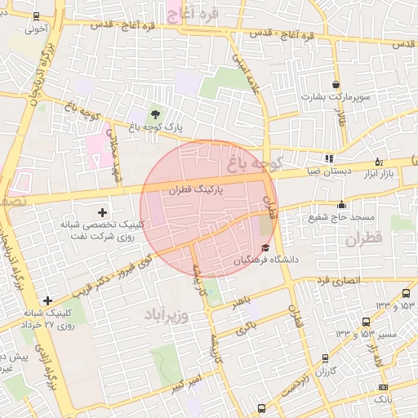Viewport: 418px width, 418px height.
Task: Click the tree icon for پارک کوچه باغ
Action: click(153, 113)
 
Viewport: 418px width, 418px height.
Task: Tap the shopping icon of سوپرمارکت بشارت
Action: click(336, 85)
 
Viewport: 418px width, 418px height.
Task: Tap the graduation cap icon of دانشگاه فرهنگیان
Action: click(265, 247)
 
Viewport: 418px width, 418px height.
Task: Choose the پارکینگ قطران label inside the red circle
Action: click(194, 189)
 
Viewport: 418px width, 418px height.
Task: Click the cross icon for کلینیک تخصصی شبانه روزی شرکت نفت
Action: click(101, 212)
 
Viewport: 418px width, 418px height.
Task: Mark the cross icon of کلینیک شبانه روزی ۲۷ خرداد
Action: click(48, 301)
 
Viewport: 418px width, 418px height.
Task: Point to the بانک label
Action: click(382, 399)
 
